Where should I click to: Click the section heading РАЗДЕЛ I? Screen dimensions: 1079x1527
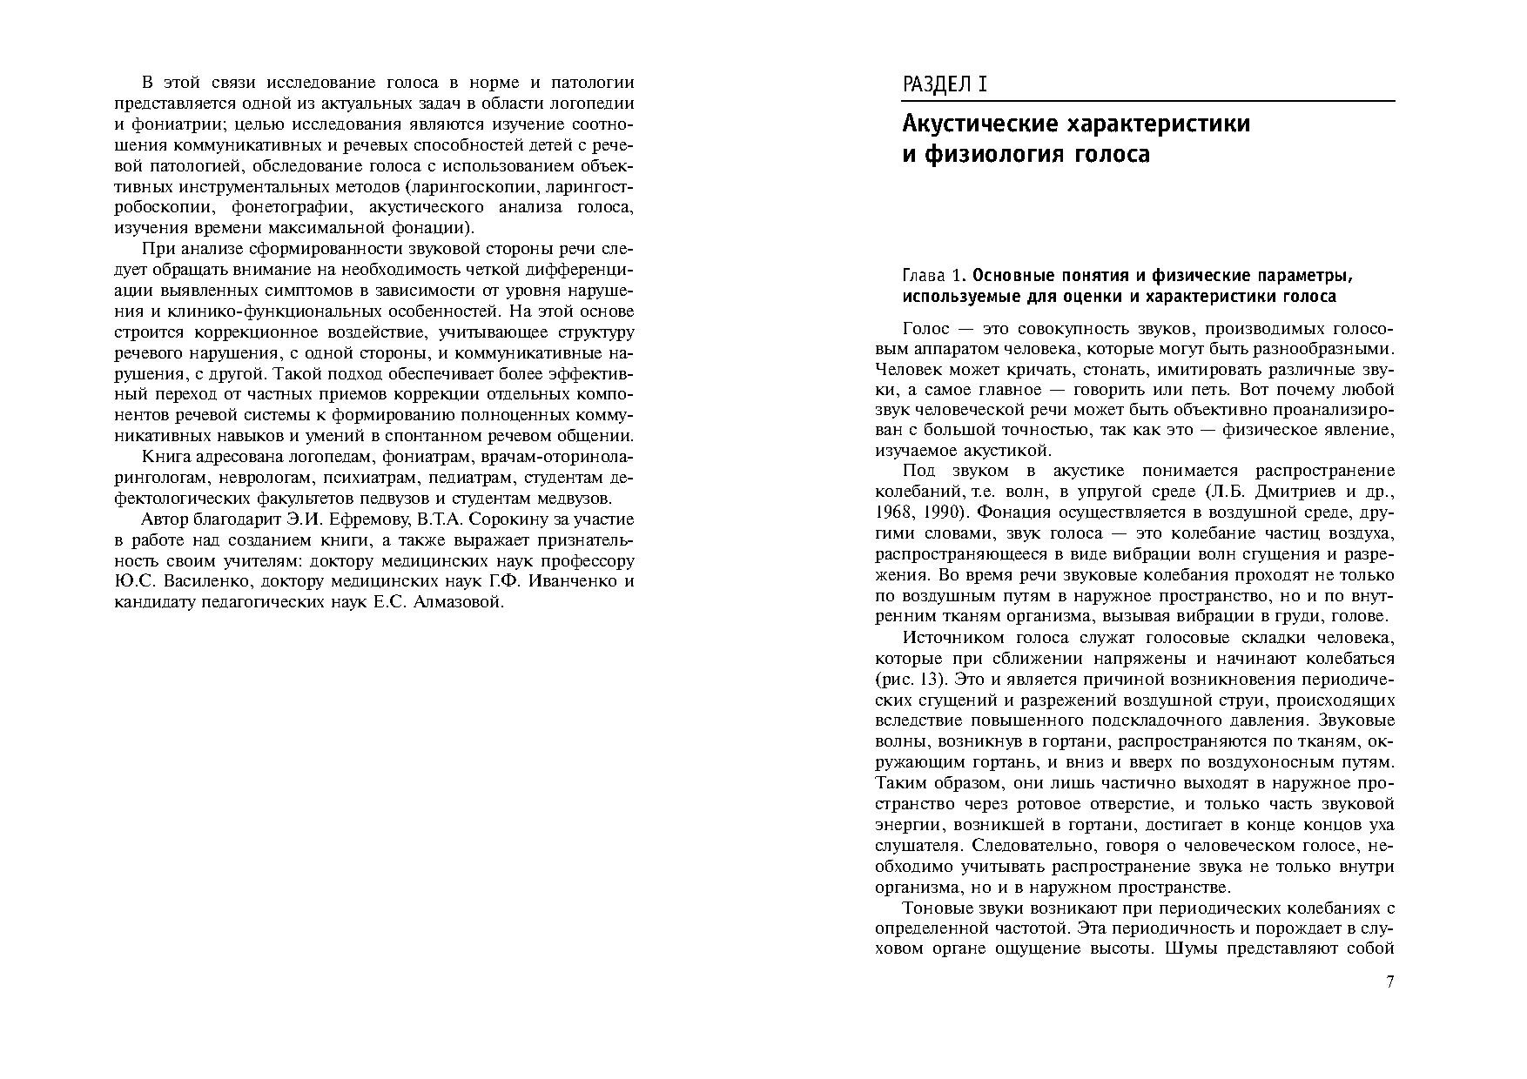[945, 84]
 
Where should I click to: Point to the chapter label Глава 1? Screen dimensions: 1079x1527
[933, 276]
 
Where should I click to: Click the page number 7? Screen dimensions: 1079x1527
[1389, 982]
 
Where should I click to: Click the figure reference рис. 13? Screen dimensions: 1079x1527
[910, 680]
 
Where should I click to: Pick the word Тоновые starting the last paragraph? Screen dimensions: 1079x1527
[937, 908]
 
